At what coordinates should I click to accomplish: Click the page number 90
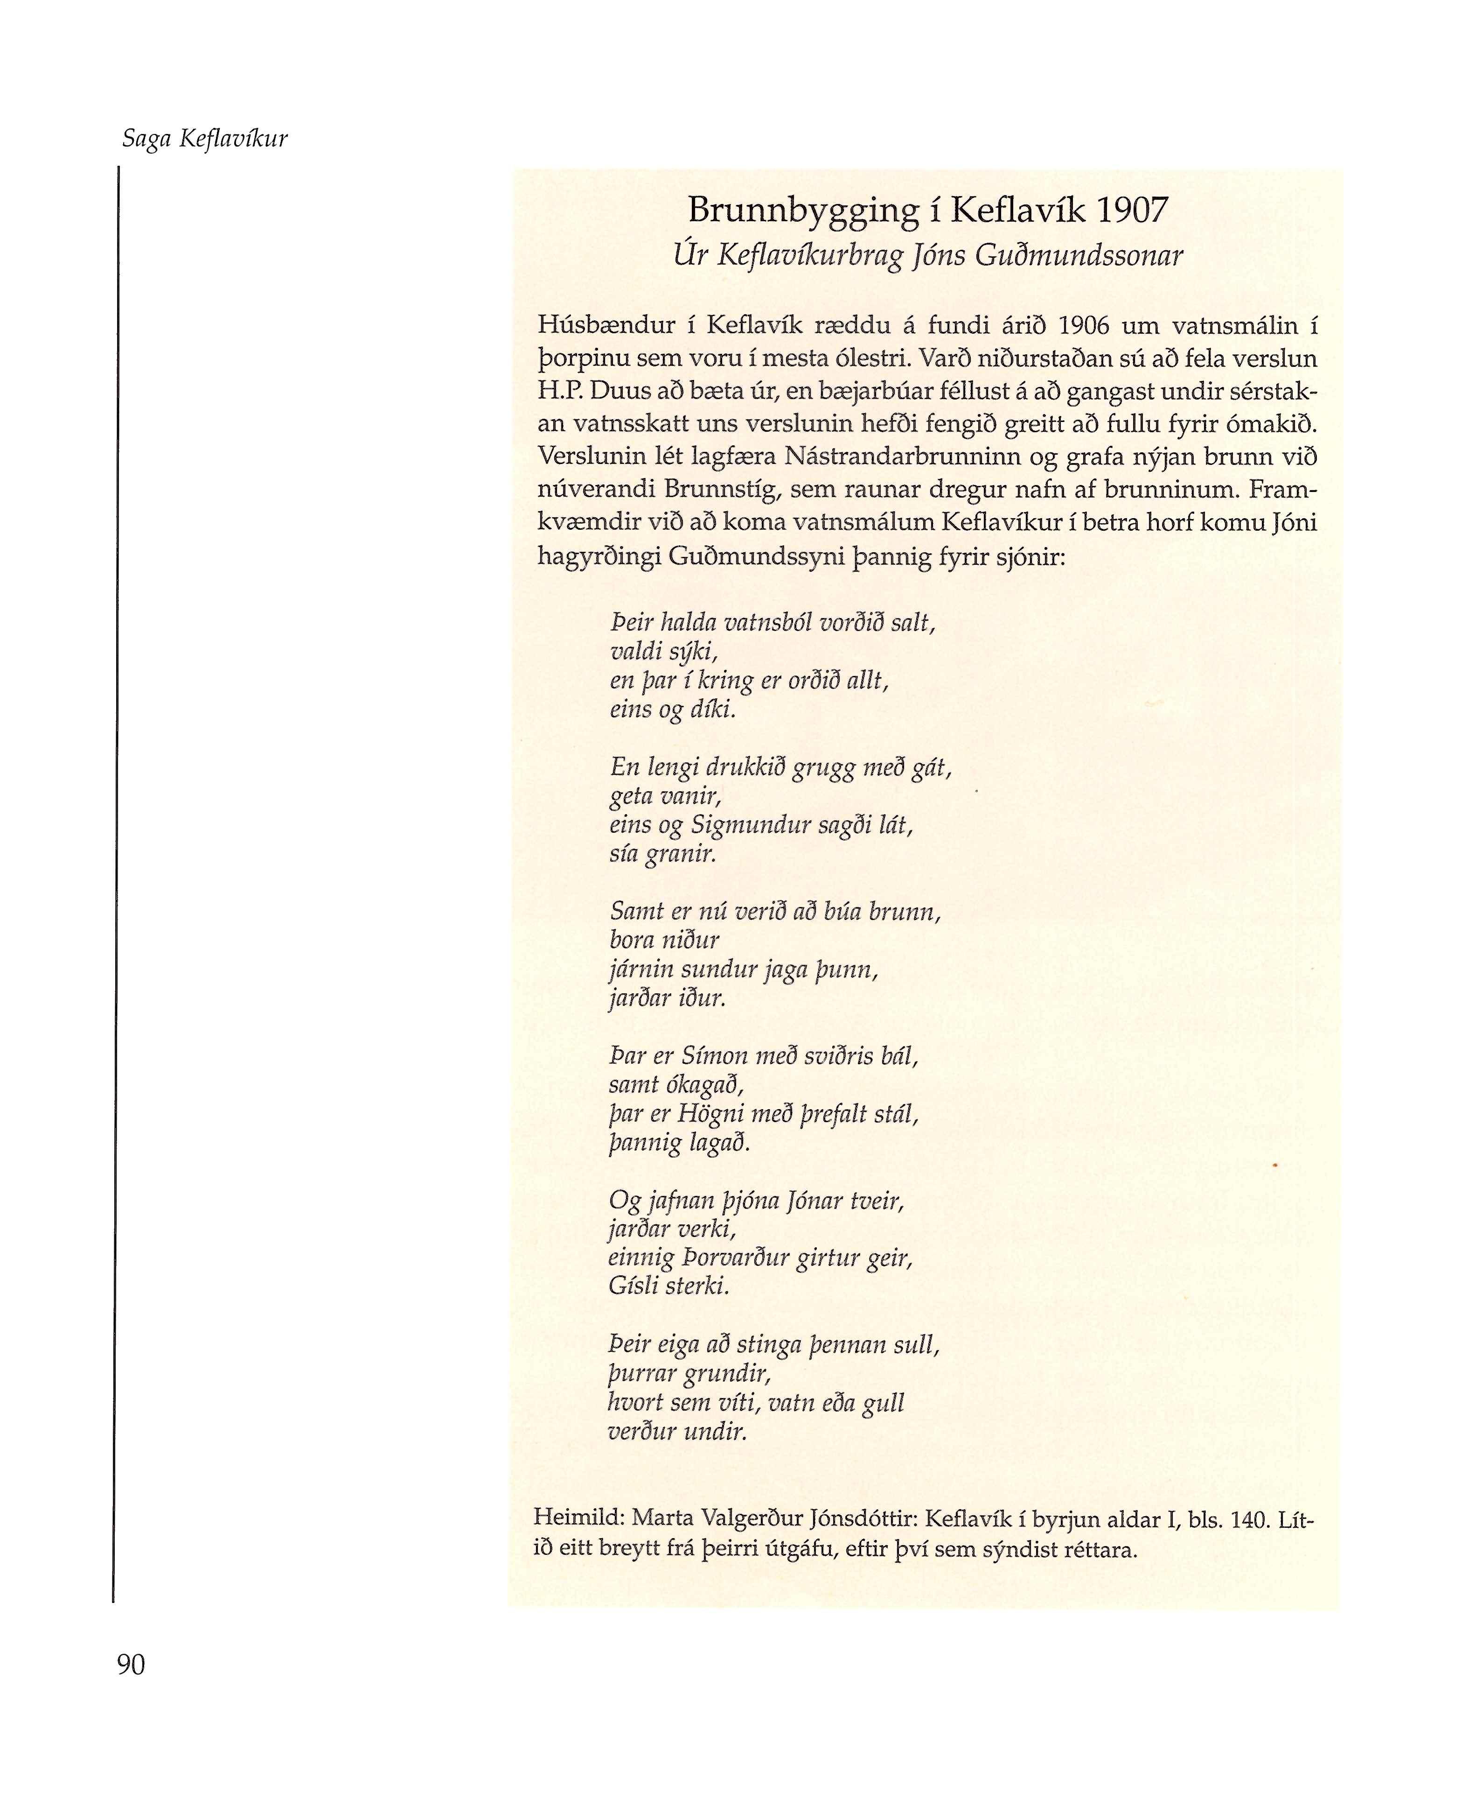[131, 1665]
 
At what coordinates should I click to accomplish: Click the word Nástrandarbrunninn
[908, 457]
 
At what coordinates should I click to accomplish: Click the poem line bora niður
[664, 940]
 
